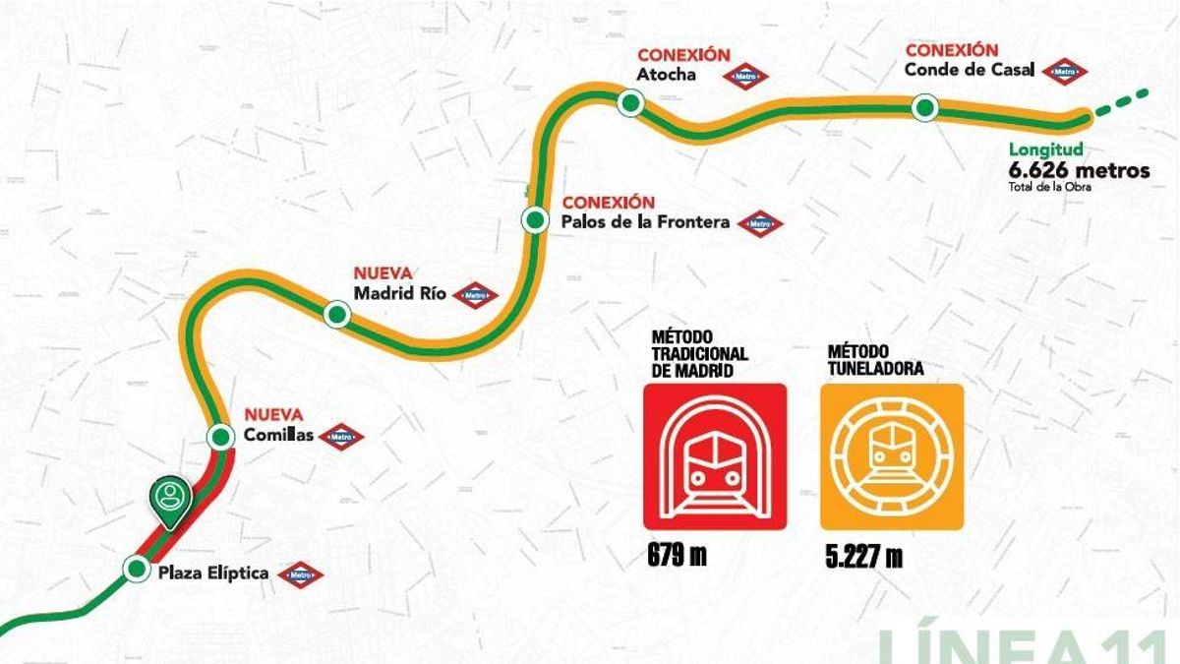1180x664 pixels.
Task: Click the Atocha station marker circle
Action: (630, 101)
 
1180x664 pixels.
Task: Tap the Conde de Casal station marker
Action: (923, 108)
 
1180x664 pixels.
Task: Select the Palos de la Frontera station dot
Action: (535, 219)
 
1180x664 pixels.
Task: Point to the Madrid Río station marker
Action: (337, 314)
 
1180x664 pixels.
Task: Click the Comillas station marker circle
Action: (218, 437)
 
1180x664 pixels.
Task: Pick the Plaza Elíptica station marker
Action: (136, 568)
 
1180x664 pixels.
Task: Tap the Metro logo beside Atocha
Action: (745, 76)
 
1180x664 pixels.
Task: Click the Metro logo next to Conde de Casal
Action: (1065, 71)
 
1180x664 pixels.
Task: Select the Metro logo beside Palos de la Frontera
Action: (760, 224)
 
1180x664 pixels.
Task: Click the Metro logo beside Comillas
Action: (341, 437)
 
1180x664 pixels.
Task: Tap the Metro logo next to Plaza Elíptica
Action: (300, 574)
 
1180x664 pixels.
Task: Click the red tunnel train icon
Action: (715, 456)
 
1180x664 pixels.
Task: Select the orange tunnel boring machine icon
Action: (892, 456)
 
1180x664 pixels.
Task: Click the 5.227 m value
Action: (864, 557)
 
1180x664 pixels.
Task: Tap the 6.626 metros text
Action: (1079, 170)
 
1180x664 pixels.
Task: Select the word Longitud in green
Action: (1045, 151)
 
